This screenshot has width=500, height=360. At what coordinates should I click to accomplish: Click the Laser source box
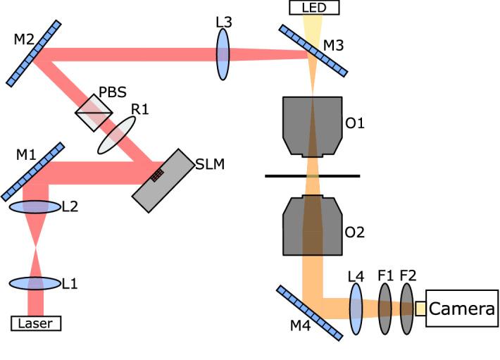[36, 323]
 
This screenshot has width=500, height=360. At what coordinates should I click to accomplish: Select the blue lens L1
[35, 283]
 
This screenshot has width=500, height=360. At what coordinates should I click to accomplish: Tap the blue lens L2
[35, 207]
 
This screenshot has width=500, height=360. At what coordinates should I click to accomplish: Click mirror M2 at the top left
[35, 46]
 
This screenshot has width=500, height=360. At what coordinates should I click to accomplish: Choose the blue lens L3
[223, 54]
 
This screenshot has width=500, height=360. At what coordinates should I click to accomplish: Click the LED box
[313, 7]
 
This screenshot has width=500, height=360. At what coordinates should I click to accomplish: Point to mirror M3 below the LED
[313, 50]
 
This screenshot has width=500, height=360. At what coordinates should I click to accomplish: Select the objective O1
[312, 125]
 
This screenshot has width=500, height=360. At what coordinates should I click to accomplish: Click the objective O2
[312, 225]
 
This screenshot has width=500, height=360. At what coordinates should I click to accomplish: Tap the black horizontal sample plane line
[312, 175]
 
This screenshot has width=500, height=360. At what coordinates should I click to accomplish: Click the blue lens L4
[356, 308]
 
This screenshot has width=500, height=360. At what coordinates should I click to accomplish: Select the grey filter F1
[385, 308]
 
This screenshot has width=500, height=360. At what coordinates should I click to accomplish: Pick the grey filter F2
[406, 308]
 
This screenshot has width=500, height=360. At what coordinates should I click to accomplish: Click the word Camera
[461, 309]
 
